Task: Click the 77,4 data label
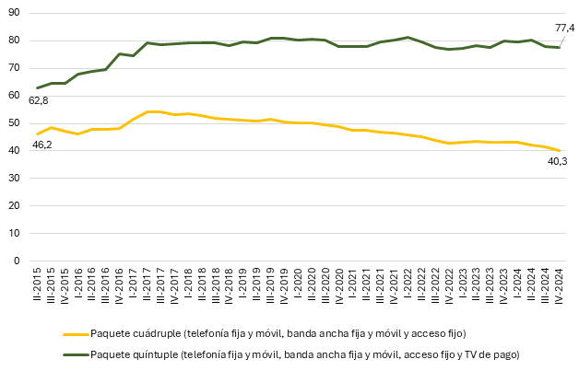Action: pyautogui.click(x=563, y=28)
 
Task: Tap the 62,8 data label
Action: pyautogui.click(x=39, y=99)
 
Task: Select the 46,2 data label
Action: pyautogui.click(x=42, y=145)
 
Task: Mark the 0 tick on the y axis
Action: pyautogui.click(x=18, y=261)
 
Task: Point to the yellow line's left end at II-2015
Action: pyautogui.click(x=37, y=134)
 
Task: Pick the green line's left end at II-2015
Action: pyautogui.click(x=37, y=88)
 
